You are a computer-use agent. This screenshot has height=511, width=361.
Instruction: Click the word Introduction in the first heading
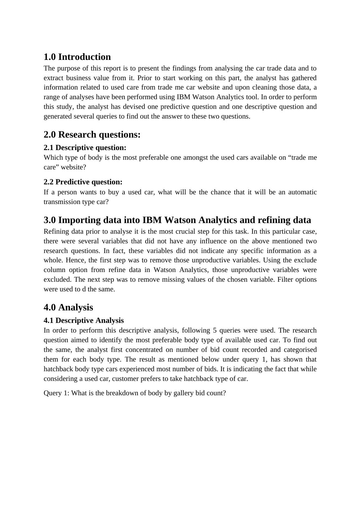[x=84, y=57]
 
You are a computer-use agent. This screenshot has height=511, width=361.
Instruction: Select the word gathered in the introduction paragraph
[x=304, y=78]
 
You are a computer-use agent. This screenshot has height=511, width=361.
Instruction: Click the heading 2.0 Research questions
[x=92, y=134]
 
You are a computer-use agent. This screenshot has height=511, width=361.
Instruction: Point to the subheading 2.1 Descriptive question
[x=85, y=148]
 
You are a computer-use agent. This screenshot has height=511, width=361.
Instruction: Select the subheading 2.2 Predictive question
[x=83, y=182]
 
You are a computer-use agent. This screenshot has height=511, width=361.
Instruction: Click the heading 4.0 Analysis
[x=68, y=307]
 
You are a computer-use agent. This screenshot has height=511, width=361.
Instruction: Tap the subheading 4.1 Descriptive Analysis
[x=84, y=320]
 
